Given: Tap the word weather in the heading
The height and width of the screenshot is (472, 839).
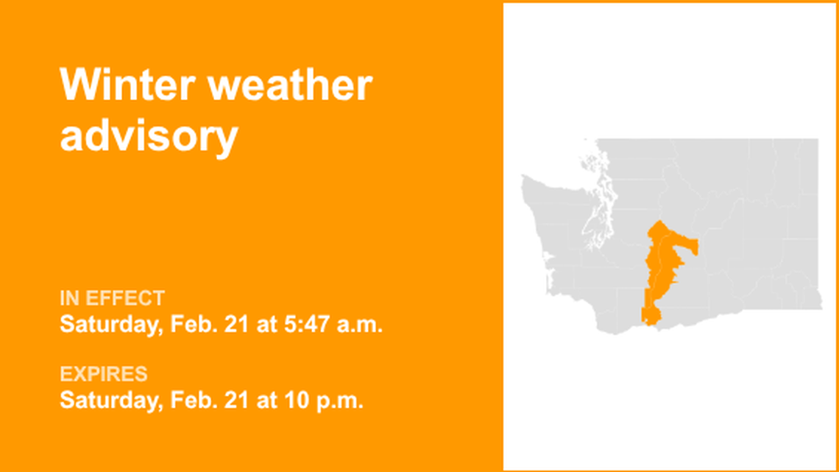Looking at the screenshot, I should [x=291, y=85].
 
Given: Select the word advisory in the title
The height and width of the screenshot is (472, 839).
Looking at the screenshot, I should [x=149, y=135].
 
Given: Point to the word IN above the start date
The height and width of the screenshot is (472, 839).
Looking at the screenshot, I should [x=70, y=298].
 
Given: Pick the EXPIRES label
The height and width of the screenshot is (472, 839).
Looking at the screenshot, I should [x=104, y=374].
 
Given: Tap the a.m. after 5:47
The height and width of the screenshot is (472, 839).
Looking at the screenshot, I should [x=361, y=324].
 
